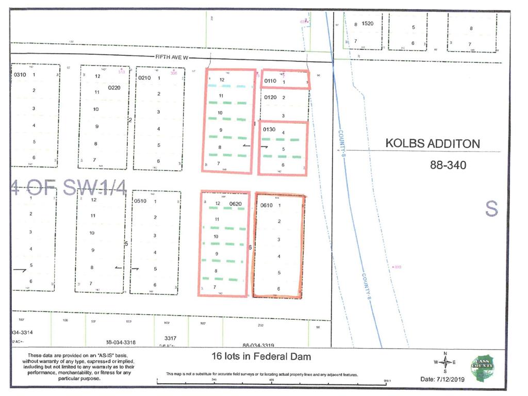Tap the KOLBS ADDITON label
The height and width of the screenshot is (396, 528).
pos(433,143)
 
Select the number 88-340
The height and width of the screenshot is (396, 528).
pos(448,166)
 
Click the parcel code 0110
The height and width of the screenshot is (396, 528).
pos(270,81)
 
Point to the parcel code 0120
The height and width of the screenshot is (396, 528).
pos(270,97)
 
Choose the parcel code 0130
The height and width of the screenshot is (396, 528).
pos(269,129)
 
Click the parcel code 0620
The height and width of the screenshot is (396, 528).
pos(235,204)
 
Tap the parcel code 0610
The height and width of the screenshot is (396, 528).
pos(267,205)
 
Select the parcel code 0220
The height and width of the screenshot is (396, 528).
pos(114,88)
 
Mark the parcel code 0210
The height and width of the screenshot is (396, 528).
pos(144,78)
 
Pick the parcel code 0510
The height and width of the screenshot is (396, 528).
pos(140,201)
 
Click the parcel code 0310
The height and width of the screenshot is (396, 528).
pos(19,75)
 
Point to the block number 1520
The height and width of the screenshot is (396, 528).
pos(367,24)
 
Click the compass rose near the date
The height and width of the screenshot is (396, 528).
pos(445,362)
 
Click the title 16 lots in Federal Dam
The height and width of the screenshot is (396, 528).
pos(261,356)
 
